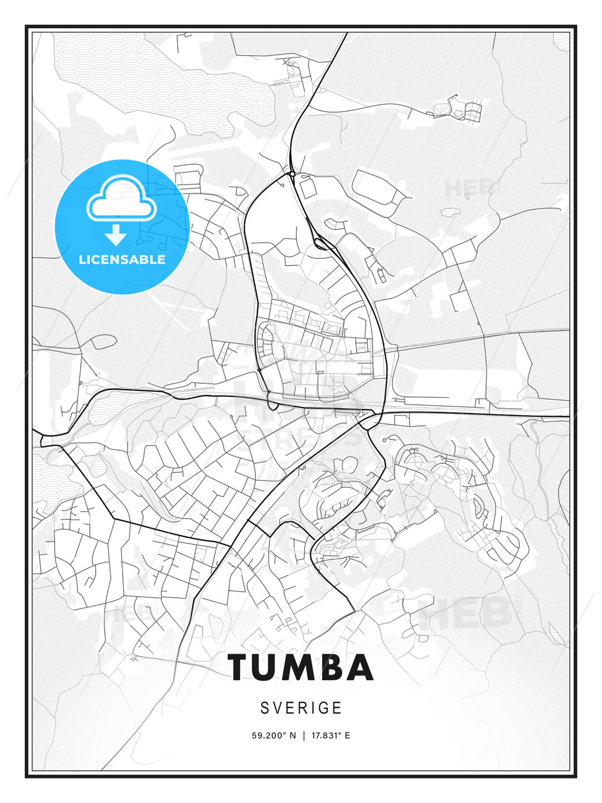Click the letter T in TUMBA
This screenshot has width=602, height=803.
point(242,667)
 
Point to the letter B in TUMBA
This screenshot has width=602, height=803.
point(337,667)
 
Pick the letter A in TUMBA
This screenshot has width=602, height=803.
point(361,667)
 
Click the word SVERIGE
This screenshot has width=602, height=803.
point(301,708)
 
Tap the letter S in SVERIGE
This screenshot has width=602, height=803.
point(265,708)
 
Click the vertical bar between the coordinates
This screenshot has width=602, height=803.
point(304,736)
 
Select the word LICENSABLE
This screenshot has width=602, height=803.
point(122,259)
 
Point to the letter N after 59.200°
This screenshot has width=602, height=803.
point(293,736)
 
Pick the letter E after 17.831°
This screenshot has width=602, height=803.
point(347,736)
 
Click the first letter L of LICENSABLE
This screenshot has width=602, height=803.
point(82,259)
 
